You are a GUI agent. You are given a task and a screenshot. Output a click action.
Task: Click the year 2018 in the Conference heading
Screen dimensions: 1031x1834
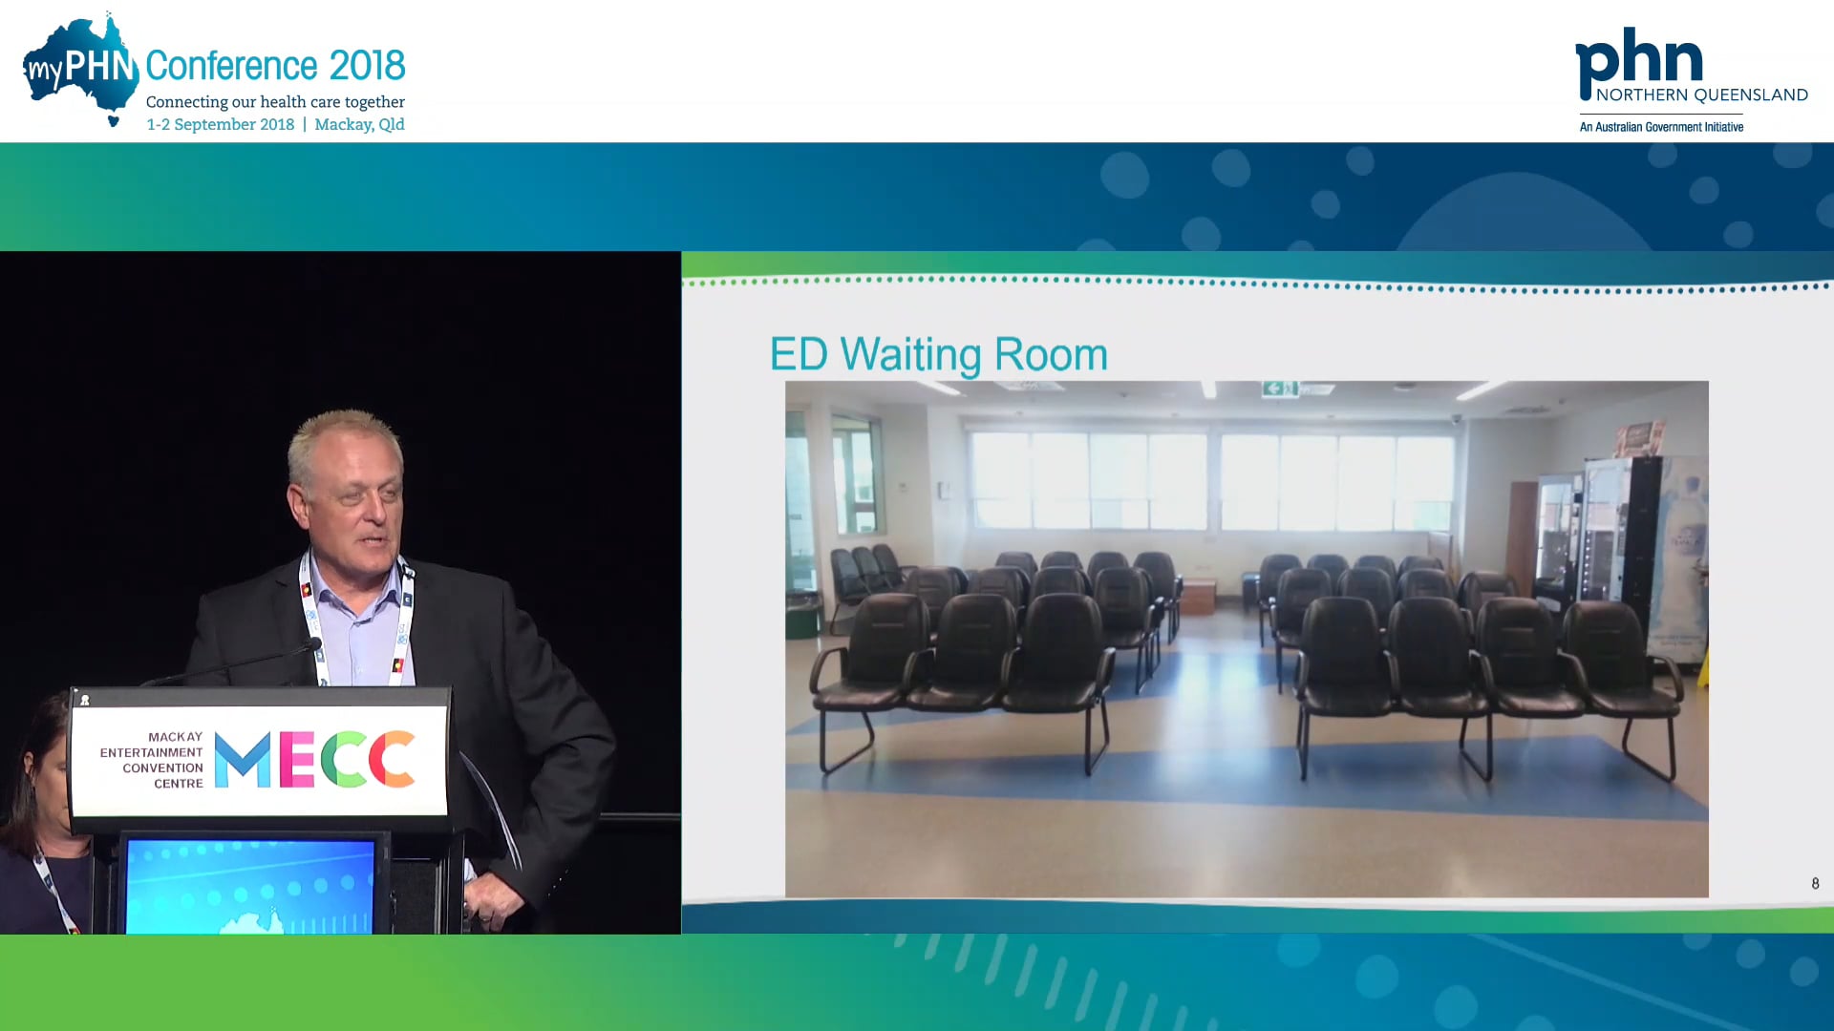click(367, 66)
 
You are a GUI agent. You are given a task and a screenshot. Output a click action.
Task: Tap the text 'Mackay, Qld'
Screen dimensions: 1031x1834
click(359, 124)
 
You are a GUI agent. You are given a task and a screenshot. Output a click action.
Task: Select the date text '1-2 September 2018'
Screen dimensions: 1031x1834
click(220, 124)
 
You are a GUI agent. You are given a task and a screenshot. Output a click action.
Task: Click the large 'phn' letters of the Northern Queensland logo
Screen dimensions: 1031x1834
click(1638, 59)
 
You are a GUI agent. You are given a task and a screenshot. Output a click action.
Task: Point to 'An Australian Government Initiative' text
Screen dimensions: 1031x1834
click(1661, 127)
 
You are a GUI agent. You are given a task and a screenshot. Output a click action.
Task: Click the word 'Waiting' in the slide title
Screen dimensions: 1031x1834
click(910, 354)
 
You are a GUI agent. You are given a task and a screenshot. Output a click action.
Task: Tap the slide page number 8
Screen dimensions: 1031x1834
click(1815, 883)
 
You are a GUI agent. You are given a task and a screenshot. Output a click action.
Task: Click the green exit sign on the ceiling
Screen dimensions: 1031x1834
click(1279, 388)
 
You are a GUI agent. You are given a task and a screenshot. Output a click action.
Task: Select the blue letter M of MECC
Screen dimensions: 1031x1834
click(243, 760)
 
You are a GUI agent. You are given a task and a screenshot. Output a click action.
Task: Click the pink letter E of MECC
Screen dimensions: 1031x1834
click(297, 760)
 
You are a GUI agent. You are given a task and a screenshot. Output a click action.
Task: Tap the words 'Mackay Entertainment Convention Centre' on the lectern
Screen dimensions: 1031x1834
click(153, 760)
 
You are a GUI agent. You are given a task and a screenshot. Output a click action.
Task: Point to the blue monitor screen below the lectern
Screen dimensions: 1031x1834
click(250, 886)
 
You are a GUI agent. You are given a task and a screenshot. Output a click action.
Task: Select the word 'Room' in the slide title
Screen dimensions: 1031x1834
click(1051, 354)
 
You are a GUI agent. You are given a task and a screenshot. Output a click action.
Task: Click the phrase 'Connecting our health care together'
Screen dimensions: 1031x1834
click(275, 102)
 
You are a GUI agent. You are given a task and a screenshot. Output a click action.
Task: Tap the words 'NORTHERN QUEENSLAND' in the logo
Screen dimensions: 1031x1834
click(1701, 95)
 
